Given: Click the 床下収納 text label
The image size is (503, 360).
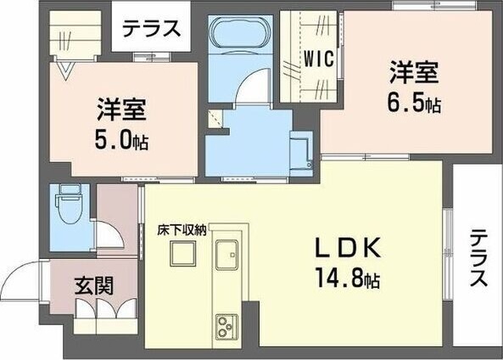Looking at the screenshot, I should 182,230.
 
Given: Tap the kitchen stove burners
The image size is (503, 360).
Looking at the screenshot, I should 228,326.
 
